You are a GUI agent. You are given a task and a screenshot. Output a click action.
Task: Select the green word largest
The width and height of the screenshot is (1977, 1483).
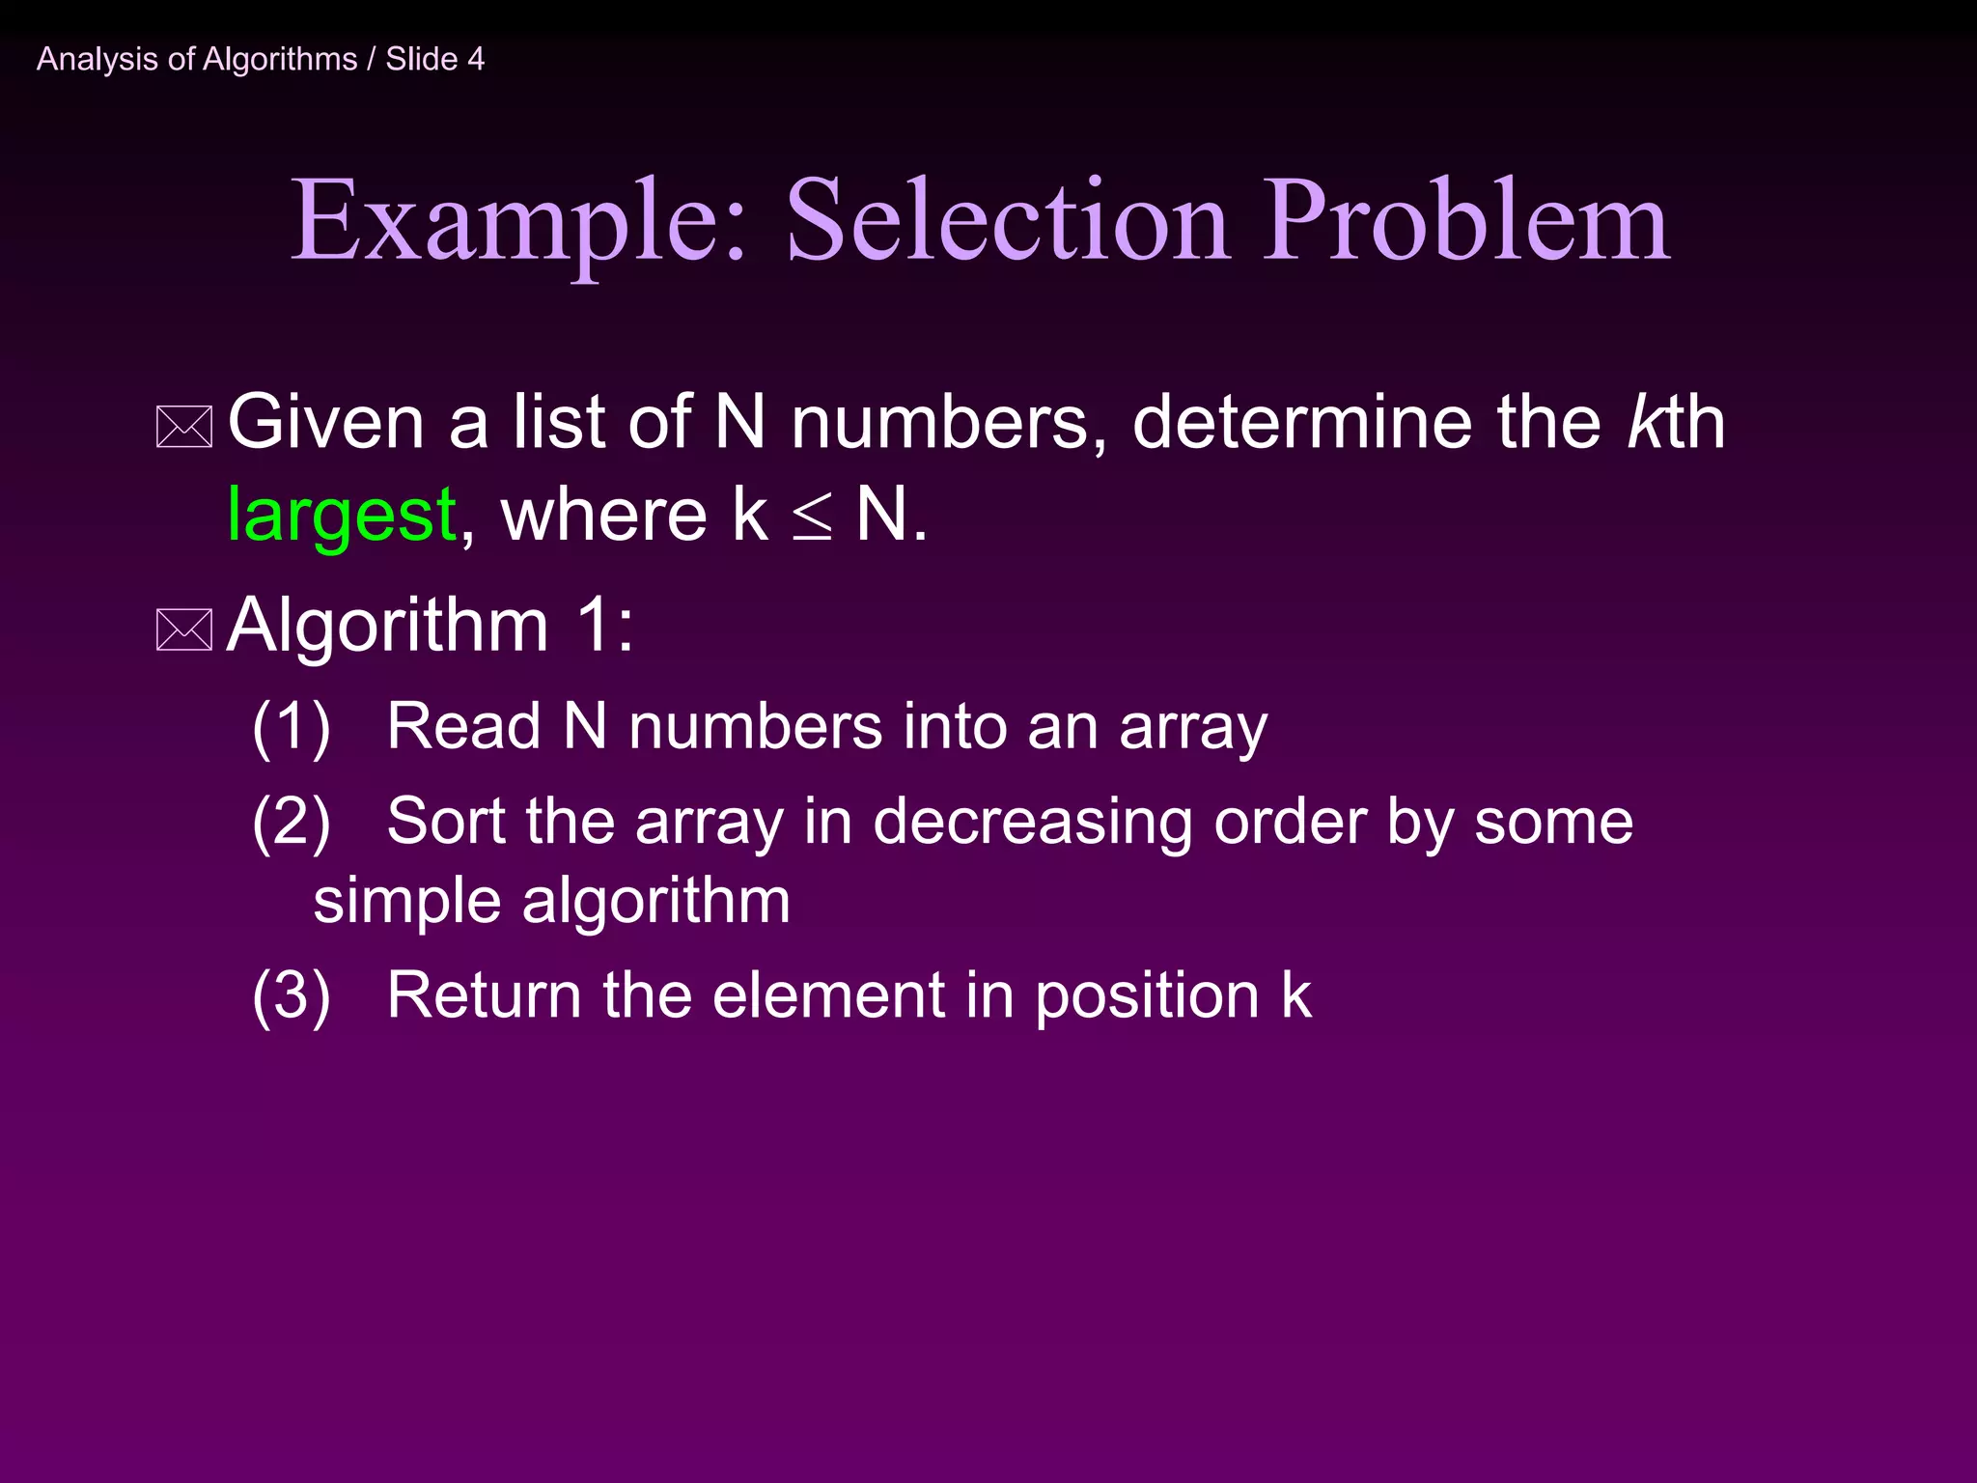[x=342, y=516]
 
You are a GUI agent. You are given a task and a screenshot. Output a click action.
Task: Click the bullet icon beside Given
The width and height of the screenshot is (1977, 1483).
[x=184, y=428]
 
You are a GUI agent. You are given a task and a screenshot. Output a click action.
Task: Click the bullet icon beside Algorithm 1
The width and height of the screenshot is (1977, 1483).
[x=184, y=630]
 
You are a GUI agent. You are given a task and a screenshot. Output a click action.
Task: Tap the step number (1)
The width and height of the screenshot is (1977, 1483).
[x=291, y=727]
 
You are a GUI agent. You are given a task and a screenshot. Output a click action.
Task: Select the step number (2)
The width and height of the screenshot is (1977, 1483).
[x=291, y=823]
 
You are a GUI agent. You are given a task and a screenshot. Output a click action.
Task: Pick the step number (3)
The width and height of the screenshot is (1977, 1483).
[x=291, y=995]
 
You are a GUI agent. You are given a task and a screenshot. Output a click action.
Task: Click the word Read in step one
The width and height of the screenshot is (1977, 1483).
[x=463, y=726]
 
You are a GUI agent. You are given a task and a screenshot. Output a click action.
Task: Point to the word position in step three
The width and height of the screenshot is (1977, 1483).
[x=1147, y=997]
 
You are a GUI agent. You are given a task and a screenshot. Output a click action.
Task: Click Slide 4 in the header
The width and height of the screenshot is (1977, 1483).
[x=435, y=60]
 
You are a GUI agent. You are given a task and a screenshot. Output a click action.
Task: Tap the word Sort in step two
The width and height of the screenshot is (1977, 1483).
[x=446, y=823]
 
